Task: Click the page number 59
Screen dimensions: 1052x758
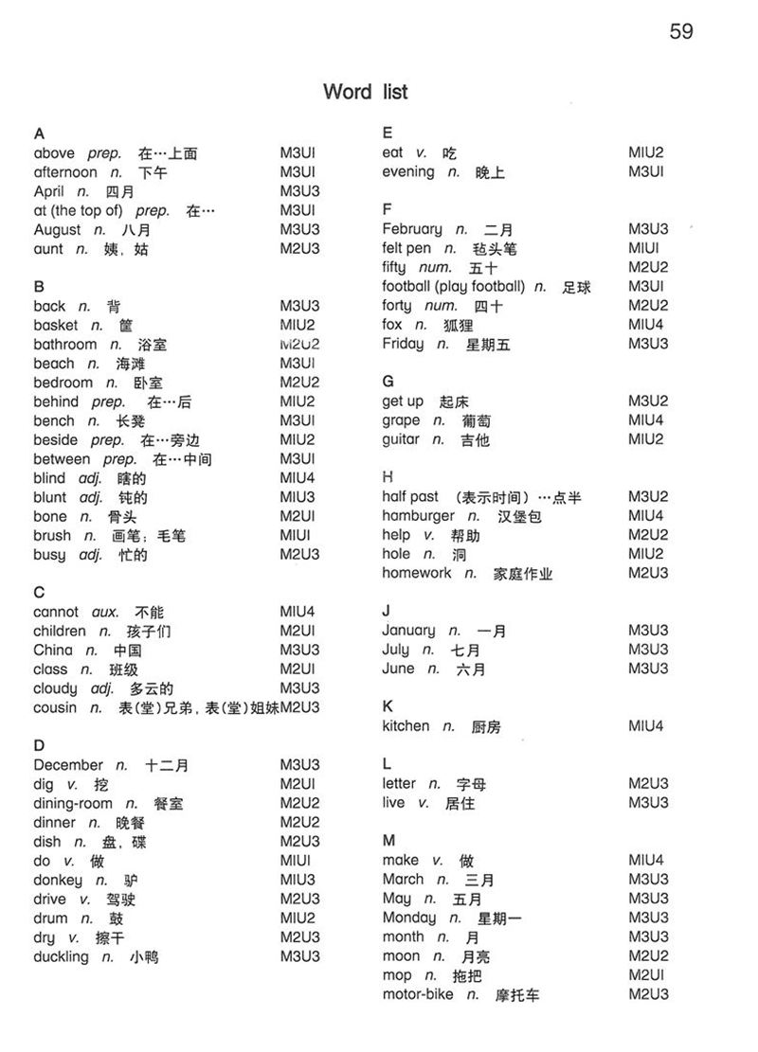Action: [x=681, y=31]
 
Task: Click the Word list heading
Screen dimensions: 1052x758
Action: [x=365, y=92]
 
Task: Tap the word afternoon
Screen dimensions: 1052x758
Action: [x=64, y=172]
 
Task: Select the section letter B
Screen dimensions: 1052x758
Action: [x=39, y=286]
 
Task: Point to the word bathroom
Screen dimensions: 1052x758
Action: [x=64, y=345]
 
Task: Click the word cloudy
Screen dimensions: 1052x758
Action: [x=55, y=688]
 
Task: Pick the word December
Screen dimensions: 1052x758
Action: [x=68, y=765]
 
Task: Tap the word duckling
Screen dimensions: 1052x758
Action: [x=61, y=956]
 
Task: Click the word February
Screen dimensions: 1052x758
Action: [x=412, y=229]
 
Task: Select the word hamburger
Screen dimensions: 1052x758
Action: [x=419, y=516]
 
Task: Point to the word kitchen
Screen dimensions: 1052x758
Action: [x=406, y=726]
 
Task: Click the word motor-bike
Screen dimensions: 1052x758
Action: [x=418, y=994]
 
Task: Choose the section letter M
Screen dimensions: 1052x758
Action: [x=388, y=840]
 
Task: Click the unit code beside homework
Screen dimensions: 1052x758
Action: [x=648, y=573]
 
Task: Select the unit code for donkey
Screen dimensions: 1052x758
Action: [x=298, y=880]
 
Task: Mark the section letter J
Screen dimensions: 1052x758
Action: [x=387, y=611]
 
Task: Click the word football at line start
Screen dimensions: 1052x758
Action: [x=406, y=286]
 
